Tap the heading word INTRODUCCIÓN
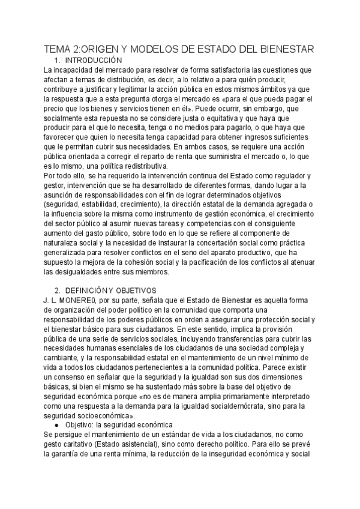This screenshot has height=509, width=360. (94, 61)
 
